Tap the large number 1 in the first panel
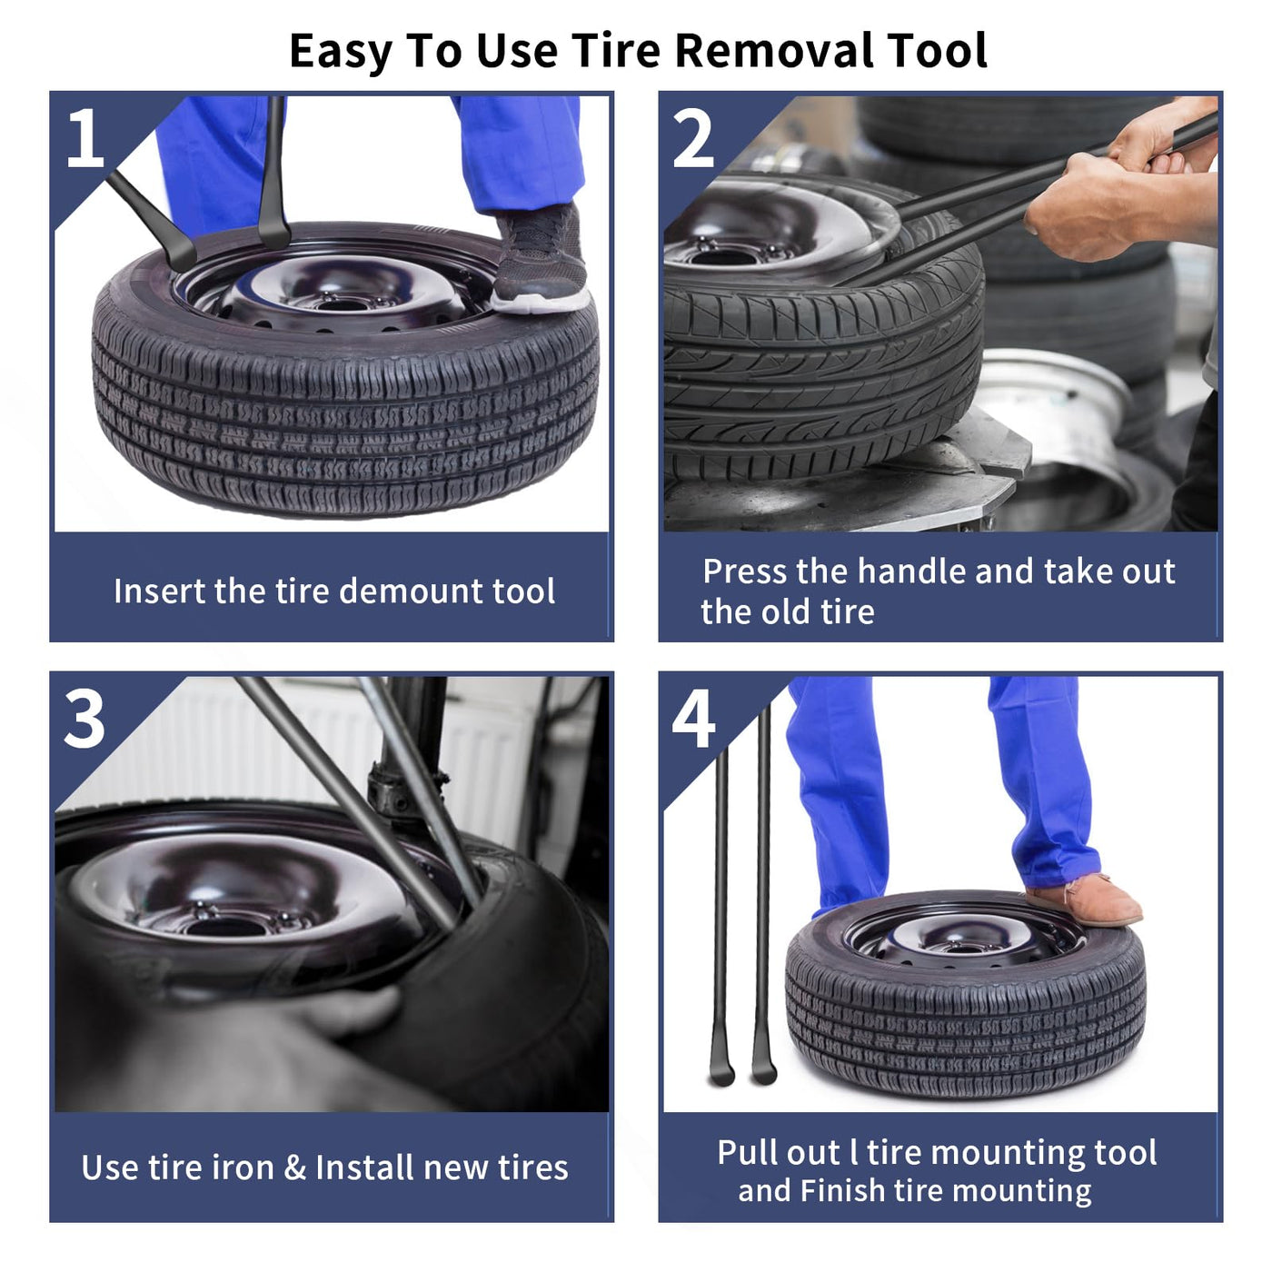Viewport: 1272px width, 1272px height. pyautogui.click(x=85, y=137)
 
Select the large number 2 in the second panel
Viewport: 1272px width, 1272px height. pyautogui.click(x=693, y=137)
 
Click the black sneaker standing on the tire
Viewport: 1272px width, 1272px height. pyautogui.click(x=540, y=259)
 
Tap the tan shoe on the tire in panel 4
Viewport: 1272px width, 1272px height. pyautogui.click(x=1083, y=899)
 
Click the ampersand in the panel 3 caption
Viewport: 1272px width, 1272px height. pyautogui.click(x=295, y=1168)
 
